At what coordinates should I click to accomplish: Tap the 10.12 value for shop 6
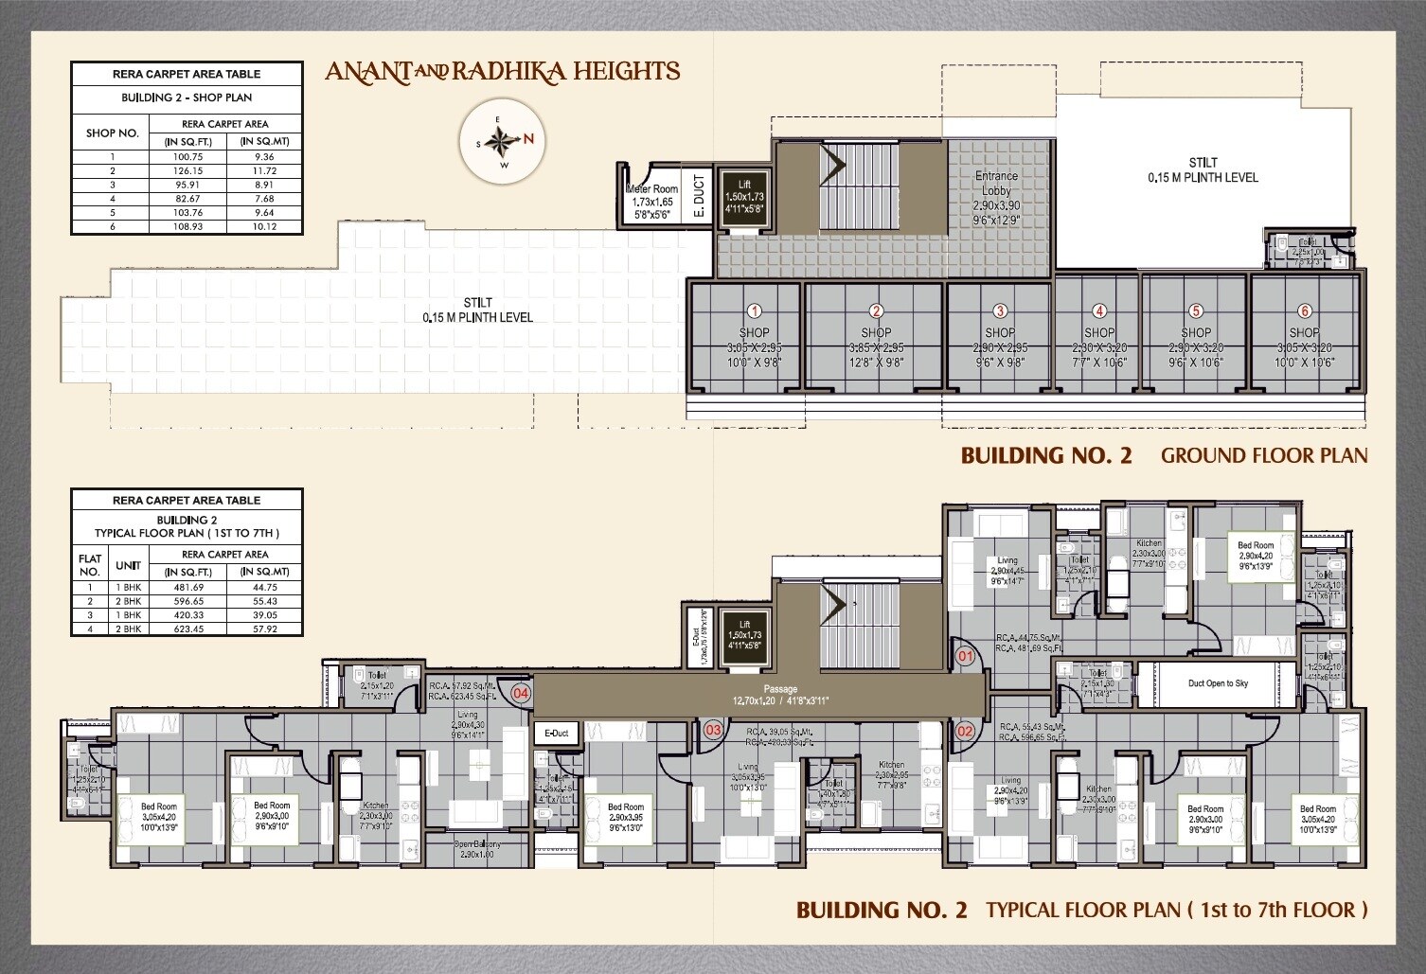(264, 227)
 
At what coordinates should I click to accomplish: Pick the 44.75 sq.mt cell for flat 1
(264, 588)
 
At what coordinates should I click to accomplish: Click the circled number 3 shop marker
(1000, 311)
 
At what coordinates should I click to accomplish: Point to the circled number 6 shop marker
(1304, 311)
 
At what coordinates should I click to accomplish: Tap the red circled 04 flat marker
(521, 693)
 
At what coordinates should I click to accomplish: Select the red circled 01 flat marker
(966, 655)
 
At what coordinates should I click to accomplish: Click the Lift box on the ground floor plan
(744, 202)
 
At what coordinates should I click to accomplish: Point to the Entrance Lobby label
(996, 183)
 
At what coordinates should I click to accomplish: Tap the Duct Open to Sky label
(1218, 683)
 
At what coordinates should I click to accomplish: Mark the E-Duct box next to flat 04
(557, 734)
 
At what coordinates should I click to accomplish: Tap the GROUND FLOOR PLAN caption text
(1263, 455)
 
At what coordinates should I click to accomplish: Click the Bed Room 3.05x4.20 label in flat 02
(1317, 815)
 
